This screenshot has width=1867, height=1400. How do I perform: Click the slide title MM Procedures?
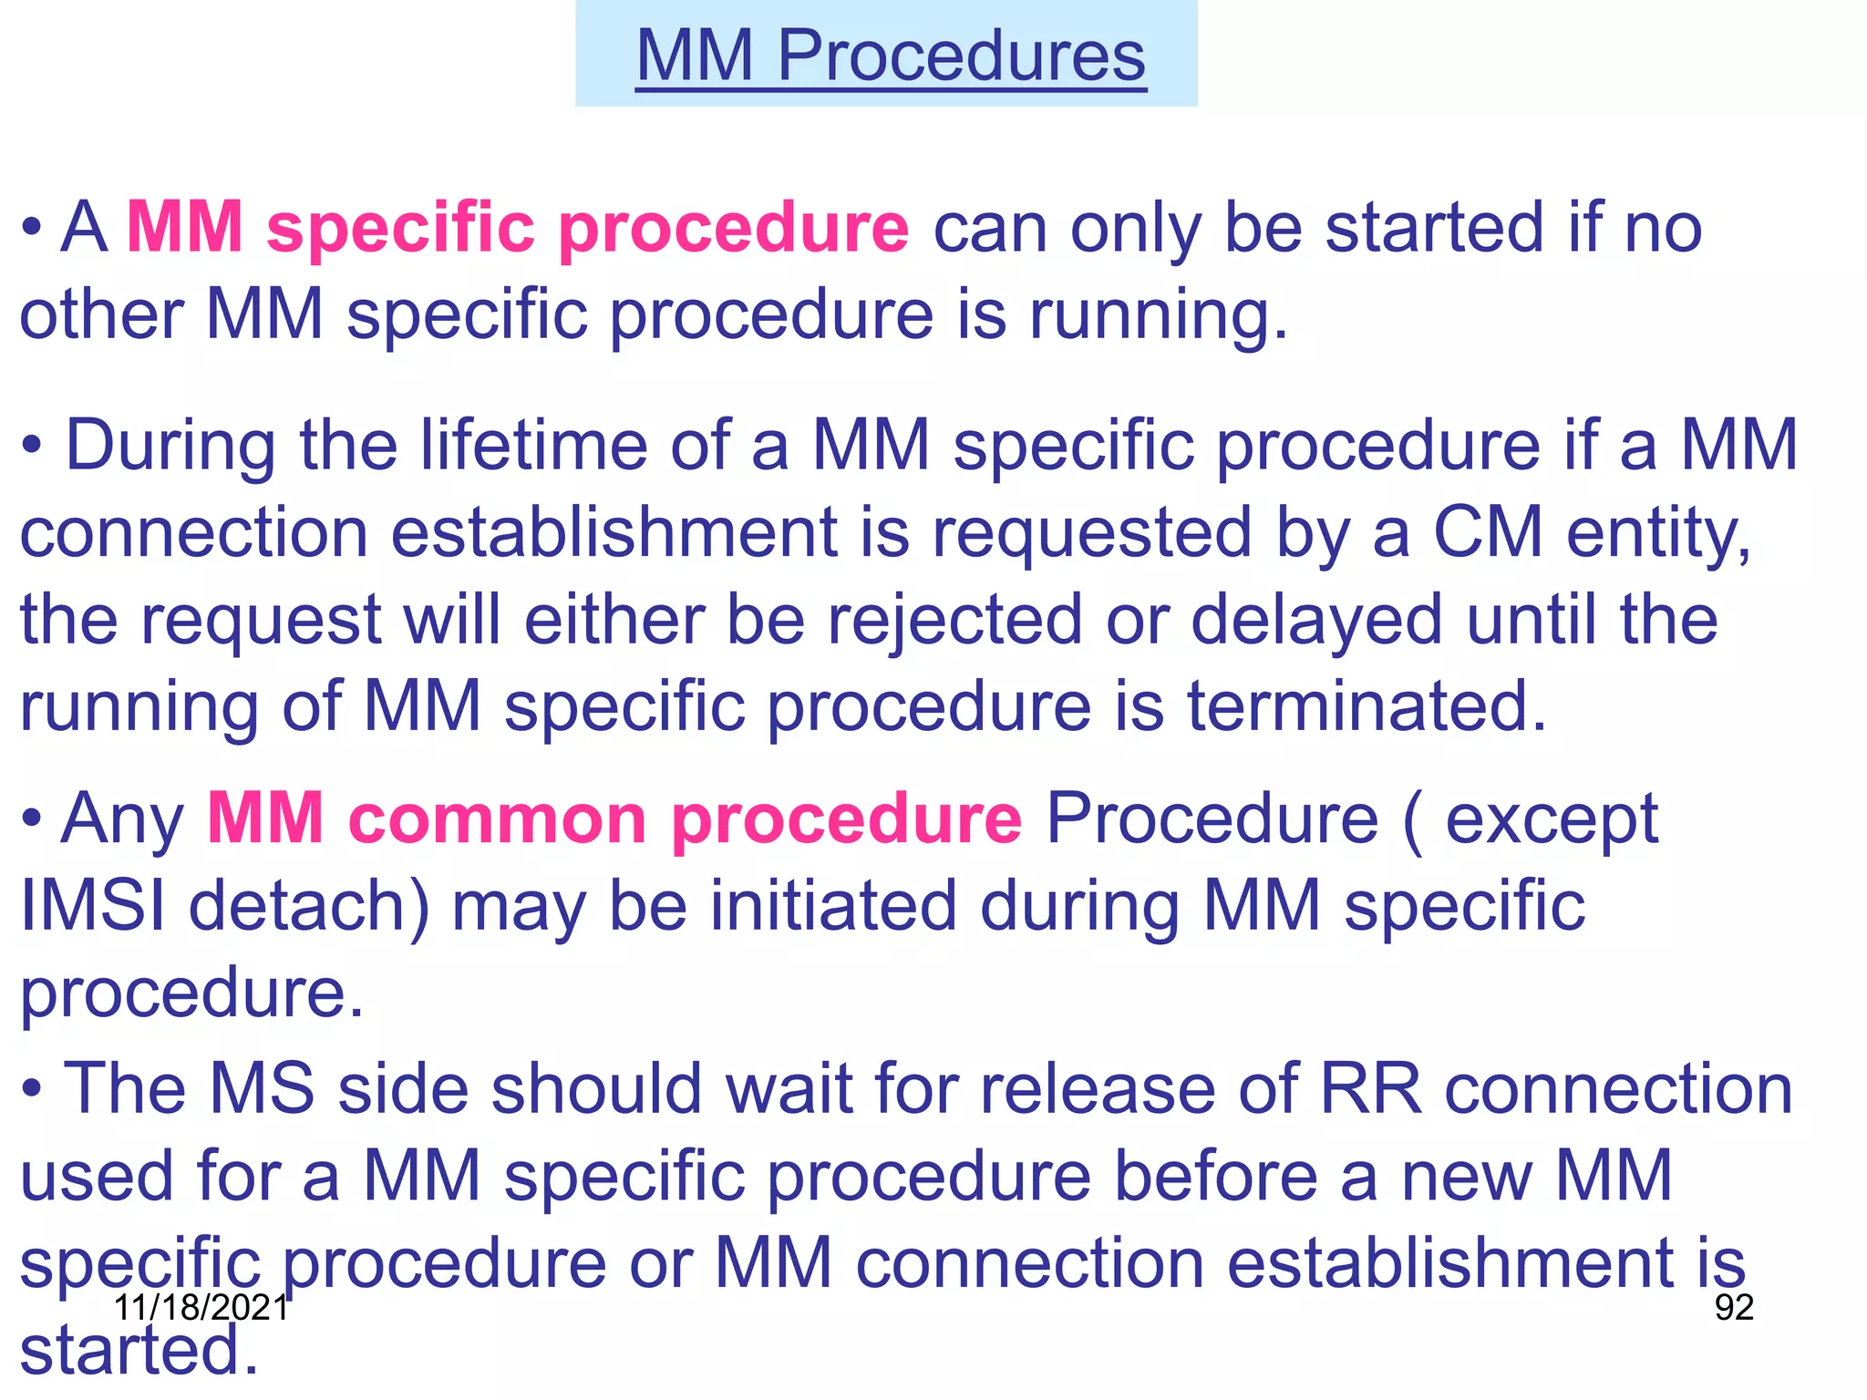coord(890,56)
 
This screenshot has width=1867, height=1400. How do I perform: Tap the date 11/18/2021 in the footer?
coord(201,1307)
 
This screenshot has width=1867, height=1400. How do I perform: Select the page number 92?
coord(1734,1307)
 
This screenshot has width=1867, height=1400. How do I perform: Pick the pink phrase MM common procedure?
coord(614,818)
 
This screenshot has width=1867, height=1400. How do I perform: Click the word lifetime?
coord(533,445)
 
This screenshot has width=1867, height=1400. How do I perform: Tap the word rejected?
coord(954,620)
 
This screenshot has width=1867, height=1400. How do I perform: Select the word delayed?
coord(1316,620)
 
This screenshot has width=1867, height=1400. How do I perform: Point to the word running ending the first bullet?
coord(1158,314)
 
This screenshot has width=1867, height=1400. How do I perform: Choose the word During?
coord(170,445)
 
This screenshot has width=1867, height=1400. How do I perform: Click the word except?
coord(1552,818)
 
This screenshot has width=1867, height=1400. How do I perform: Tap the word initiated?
coord(834,905)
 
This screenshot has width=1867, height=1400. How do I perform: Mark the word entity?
coord(1657,533)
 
